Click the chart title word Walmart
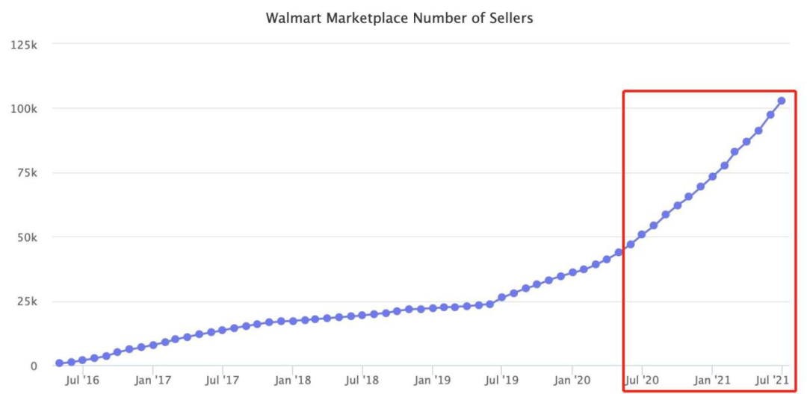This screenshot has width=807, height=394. pos(291,17)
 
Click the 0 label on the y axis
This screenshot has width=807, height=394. pos(33,366)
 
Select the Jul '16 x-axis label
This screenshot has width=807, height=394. pos(83,381)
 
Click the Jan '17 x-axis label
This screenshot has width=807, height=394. pos(152,381)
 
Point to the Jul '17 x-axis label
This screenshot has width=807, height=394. pos(223,381)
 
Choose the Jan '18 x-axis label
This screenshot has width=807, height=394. pos(293,381)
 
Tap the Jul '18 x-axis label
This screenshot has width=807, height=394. pos(362,381)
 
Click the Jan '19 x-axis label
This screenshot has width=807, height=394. pos(433,381)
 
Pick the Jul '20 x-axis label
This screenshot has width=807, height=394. pos(642,381)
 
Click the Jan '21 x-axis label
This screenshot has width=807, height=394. pos(712,381)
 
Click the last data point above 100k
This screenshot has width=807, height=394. pos(782,101)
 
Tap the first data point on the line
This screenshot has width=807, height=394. pos(59,363)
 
